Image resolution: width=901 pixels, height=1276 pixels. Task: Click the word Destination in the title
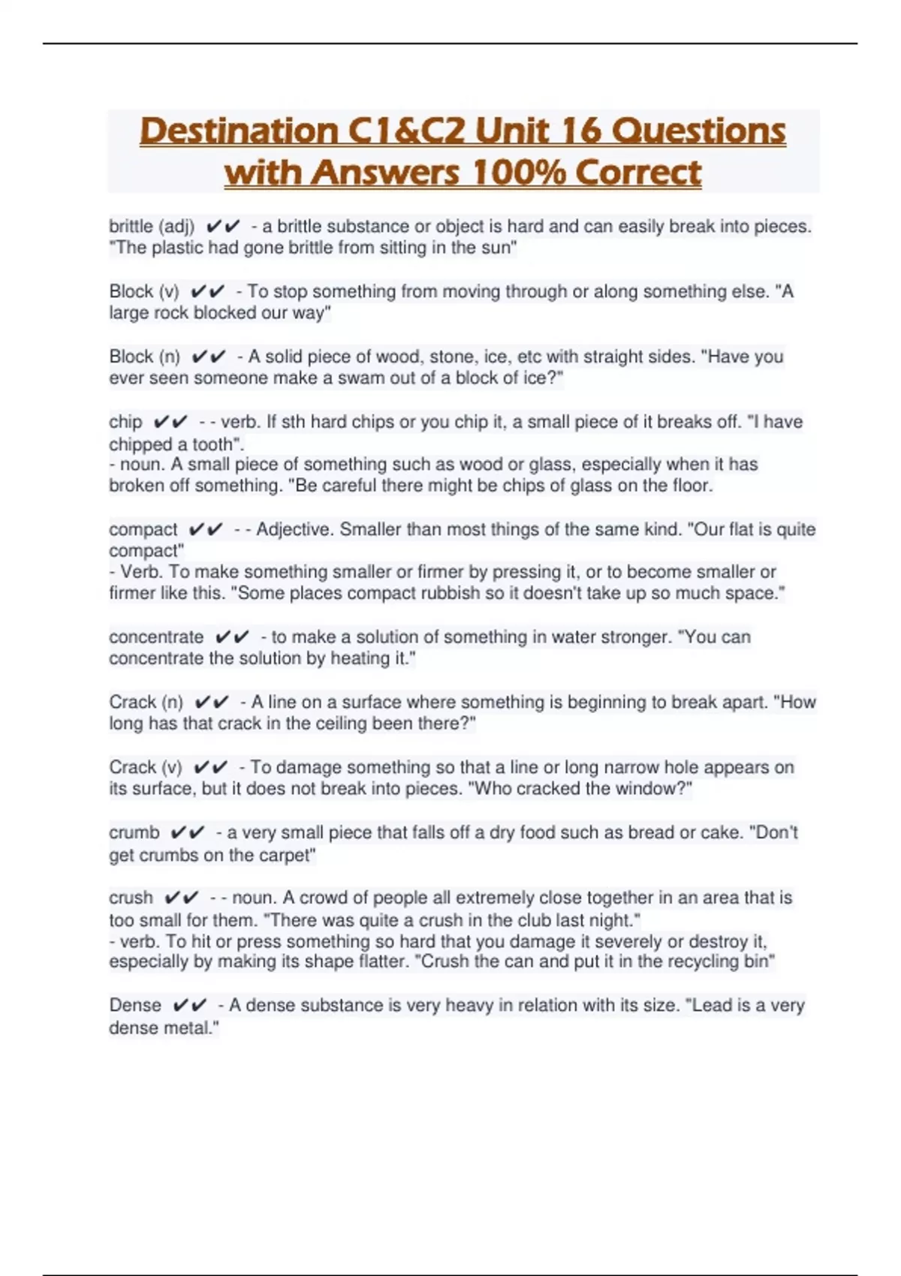[240, 131]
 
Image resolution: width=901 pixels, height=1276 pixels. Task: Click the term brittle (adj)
[152, 226]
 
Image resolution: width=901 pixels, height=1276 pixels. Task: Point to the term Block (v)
[144, 291]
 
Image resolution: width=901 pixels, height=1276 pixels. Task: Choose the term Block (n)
[145, 357]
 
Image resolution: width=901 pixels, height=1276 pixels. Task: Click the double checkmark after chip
[170, 422]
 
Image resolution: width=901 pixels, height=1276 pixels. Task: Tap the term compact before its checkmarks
[143, 529]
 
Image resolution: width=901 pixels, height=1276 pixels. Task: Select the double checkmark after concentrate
[232, 637]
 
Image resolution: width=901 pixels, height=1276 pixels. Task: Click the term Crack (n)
[146, 702]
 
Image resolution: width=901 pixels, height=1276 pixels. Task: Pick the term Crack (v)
[146, 767]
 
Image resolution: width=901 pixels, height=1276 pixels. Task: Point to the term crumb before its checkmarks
[134, 832]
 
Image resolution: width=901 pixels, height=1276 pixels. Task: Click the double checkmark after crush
[182, 898]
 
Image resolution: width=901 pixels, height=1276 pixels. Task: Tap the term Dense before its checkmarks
[135, 1005]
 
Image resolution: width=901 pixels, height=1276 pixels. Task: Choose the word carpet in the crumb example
[287, 855]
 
